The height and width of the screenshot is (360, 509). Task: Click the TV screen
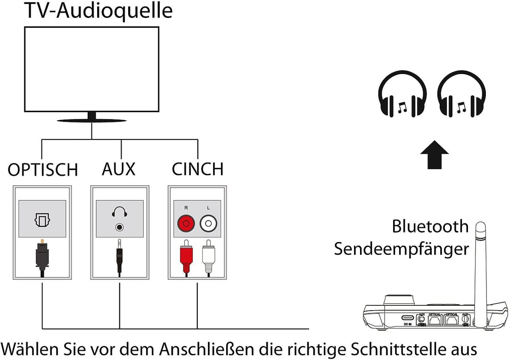[91, 69]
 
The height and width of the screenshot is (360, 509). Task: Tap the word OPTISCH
[42, 170]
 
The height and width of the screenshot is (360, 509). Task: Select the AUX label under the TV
[118, 169]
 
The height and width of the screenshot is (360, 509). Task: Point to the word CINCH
[197, 169]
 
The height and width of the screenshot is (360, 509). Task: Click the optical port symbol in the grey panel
[42, 220]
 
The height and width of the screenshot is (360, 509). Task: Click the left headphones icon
[402, 98]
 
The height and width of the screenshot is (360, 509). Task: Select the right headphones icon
[461, 98]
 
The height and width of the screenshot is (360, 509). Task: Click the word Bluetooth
[430, 227]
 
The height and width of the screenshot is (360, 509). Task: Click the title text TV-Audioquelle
[98, 11]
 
